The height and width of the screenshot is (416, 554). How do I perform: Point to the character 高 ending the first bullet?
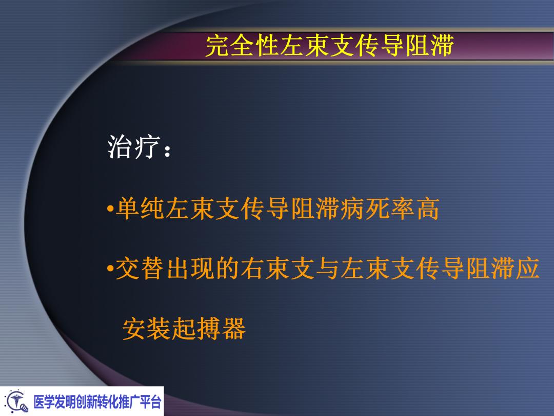click(x=428, y=210)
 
